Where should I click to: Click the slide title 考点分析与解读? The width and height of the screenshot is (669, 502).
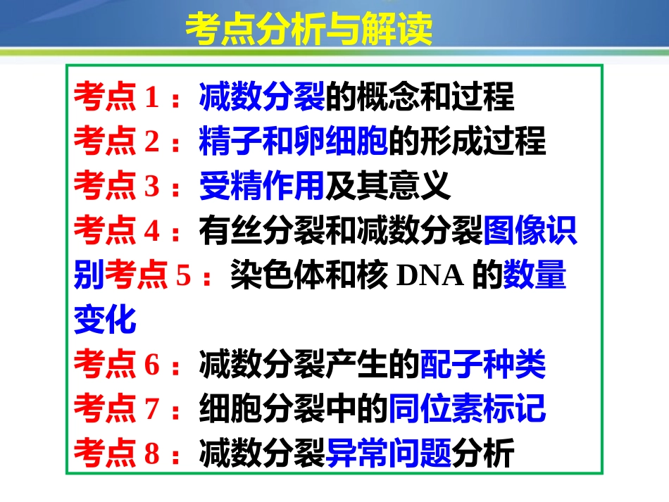tap(308, 30)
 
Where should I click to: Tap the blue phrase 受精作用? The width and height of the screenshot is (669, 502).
tap(261, 187)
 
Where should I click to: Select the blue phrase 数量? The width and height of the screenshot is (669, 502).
tap(534, 277)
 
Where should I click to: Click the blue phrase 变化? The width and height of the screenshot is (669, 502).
tap(104, 321)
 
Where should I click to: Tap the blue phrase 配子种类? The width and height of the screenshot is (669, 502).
tap(482, 365)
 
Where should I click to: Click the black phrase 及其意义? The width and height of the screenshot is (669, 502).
tap(387, 187)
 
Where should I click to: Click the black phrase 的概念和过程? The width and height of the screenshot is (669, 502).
tap(420, 97)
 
